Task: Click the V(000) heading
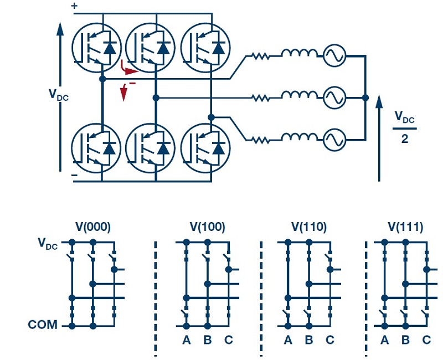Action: click(93, 227)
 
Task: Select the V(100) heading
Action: click(207, 227)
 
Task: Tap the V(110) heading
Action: click(309, 227)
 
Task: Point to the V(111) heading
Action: click(405, 227)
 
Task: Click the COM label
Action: click(43, 325)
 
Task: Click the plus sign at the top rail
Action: click(74, 6)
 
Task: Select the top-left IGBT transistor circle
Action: click(96, 48)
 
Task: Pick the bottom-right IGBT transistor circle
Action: click(205, 148)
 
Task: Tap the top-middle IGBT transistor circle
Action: click(150, 48)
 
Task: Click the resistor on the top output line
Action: click(260, 56)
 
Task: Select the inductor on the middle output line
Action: click(300, 95)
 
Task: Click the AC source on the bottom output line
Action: click(334, 140)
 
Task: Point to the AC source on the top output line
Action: click(334, 55)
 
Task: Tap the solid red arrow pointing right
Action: click(128, 69)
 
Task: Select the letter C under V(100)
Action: click(229, 340)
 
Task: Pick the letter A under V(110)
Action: click(288, 340)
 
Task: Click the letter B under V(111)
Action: click(405, 340)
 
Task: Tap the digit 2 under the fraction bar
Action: click(405, 139)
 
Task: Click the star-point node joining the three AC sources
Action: click(365, 98)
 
